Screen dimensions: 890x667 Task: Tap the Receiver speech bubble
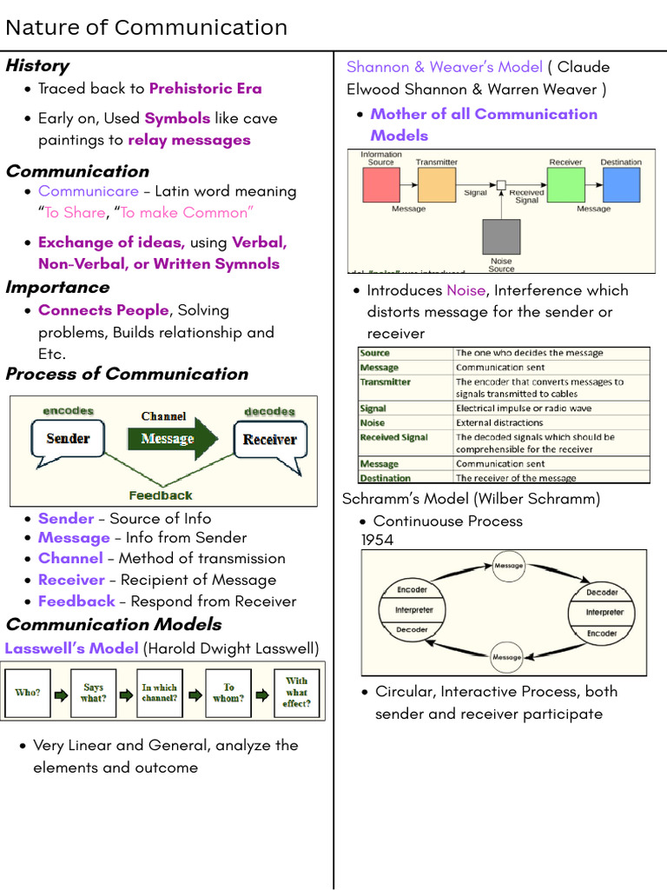[x=269, y=439]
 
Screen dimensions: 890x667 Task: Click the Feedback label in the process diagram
[x=161, y=495]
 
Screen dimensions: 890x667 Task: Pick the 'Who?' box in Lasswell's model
[x=27, y=693]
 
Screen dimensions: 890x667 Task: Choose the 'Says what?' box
[x=93, y=693]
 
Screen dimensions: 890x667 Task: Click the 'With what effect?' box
[x=296, y=693]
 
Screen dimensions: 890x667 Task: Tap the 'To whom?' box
[x=228, y=693]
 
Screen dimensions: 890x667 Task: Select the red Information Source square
[x=380, y=185]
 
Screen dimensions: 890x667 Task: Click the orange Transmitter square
[x=436, y=185]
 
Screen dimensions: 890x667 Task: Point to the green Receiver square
[x=565, y=185]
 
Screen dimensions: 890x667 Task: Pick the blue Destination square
[x=621, y=185]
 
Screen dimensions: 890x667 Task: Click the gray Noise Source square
[x=501, y=236]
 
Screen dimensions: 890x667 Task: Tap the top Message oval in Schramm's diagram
[x=509, y=566]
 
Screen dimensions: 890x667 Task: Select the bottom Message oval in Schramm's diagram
[x=507, y=657]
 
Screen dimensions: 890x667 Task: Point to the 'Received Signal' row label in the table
[x=393, y=437]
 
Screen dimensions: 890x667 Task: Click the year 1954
[x=377, y=540]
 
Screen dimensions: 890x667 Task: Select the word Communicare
[x=88, y=191]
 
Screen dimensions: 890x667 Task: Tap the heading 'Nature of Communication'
[x=146, y=28]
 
